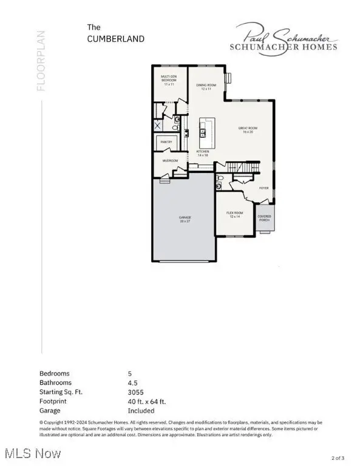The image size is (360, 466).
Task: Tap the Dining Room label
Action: (207, 87)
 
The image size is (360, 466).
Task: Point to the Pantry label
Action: (166, 142)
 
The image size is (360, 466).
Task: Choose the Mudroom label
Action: (170, 161)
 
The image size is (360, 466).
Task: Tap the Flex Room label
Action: (235, 214)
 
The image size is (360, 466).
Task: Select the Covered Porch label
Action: (264, 218)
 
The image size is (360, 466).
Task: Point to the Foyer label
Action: (264, 188)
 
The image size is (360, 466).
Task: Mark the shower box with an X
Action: (158, 126)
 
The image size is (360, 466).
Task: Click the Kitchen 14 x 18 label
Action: (202, 153)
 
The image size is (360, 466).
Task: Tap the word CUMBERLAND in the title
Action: (117, 39)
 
